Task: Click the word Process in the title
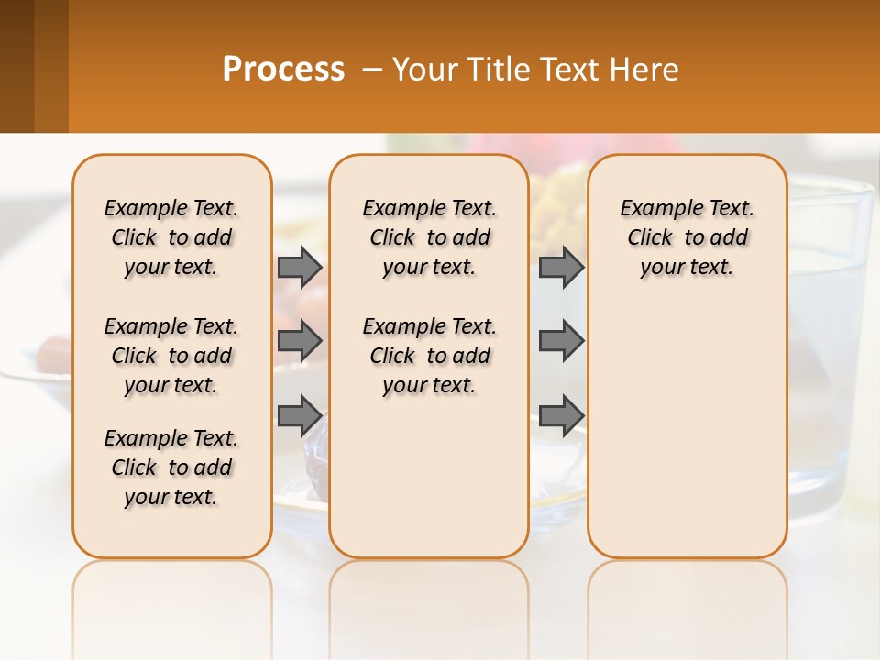pos(283,70)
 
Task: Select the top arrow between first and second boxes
pos(300,267)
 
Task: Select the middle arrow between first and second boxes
pos(300,341)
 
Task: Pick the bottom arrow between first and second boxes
pos(300,415)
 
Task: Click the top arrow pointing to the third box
pos(561,267)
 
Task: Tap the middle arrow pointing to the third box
pos(561,341)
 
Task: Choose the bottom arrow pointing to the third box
pos(561,415)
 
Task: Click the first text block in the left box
pos(171,237)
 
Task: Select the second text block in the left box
pos(171,356)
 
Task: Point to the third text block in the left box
pos(171,467)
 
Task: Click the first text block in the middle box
pos(429,237)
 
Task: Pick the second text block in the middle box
pos(429,356)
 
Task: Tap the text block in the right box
pos(687,237)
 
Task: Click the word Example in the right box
pos(655,209)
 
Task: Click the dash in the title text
pos(372,70)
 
